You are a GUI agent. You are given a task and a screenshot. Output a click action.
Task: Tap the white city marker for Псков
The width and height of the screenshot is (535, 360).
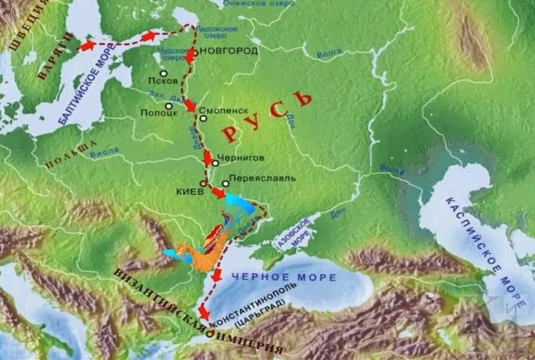(163, 73)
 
